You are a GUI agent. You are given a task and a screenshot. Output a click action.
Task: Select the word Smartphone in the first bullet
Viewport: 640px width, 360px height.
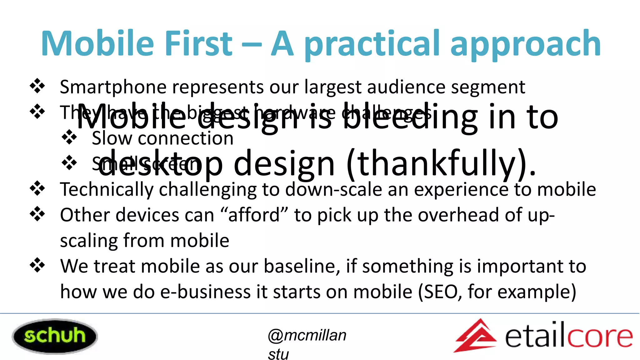(x=113, y=87)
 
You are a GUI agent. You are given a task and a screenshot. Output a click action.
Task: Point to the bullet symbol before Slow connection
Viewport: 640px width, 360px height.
(x=69, y=137)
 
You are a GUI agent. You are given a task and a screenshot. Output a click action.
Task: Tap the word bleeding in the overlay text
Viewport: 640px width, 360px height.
(x=409, y=117)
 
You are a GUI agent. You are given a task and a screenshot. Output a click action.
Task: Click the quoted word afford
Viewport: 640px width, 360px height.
(x=254, y=216)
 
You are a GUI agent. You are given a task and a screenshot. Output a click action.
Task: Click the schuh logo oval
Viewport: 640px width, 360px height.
(x=55, y=336)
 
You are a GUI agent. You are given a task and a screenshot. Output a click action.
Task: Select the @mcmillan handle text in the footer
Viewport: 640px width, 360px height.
(x=307, y=336)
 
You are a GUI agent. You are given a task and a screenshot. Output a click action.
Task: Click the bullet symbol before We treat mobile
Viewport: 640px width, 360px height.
(x=37, y=265)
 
